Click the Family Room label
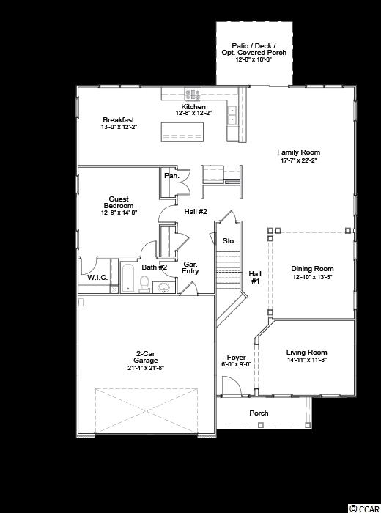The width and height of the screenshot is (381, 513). click(298, 152)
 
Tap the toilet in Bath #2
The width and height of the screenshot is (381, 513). click(144, 284)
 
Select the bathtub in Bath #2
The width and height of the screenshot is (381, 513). click(127, 278)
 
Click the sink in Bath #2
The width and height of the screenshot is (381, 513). click(163, 287)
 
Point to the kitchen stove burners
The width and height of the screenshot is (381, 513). click(193, 95)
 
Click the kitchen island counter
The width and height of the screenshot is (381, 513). click(182, 132)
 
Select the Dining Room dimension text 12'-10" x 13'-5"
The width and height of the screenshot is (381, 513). click(312, 277)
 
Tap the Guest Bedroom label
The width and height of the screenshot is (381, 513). click(119, 202)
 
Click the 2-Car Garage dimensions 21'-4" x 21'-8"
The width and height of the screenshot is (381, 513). click(146, 367)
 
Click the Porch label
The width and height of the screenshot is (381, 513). click(259, 413)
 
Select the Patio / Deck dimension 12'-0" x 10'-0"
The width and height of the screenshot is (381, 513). click(254, 60)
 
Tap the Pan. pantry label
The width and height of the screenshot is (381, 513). click(171, 176)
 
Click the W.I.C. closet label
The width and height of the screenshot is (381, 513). click(97, 278)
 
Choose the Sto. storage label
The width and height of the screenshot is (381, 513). click(229, 241)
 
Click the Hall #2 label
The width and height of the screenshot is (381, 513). click(196, 211)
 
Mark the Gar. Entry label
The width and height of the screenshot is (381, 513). click(190, 267)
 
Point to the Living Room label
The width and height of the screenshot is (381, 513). click(307, 353)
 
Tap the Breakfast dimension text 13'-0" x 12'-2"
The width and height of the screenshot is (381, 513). click(119, 127)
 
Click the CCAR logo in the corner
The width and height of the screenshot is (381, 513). click(363, 509)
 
